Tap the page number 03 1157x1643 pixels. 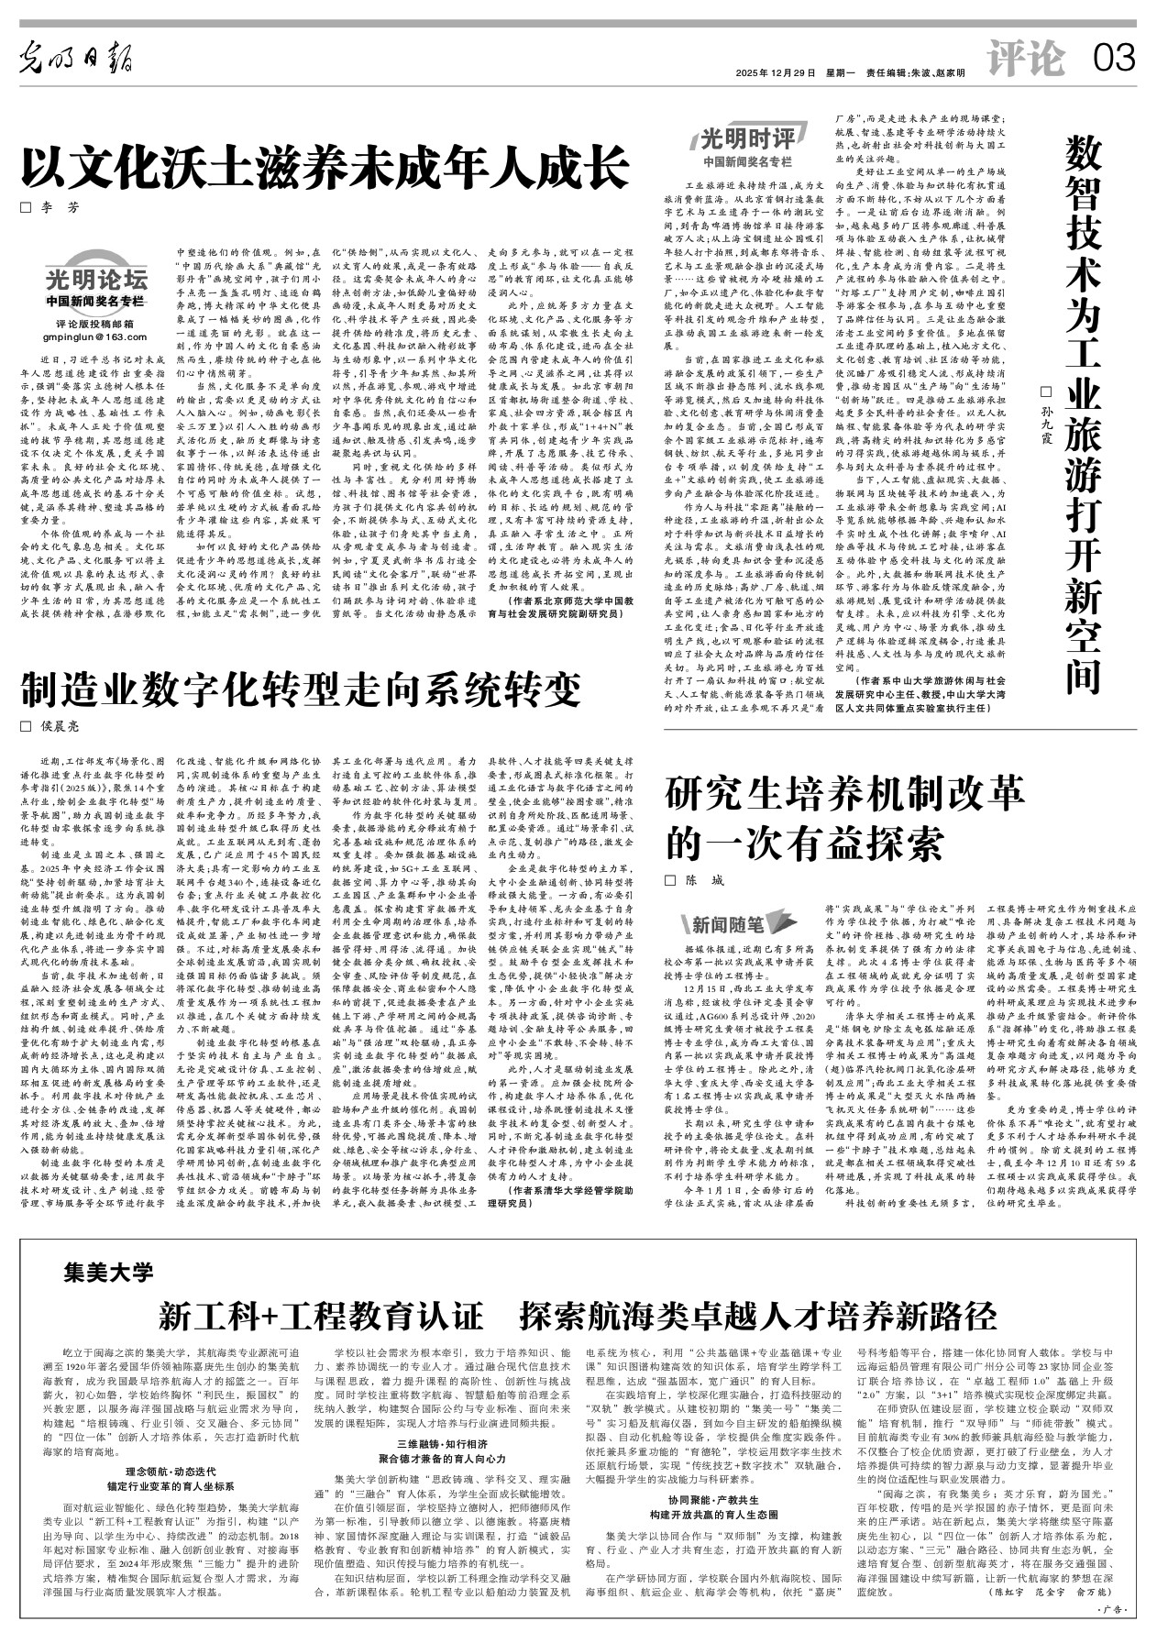click(1113, 61)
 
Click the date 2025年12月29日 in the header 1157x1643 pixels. click(775, 72)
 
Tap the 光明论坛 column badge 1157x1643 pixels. click(96, 280)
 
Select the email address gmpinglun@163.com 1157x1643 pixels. click(95, 338)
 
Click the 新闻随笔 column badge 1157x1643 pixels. click(728, 923)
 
